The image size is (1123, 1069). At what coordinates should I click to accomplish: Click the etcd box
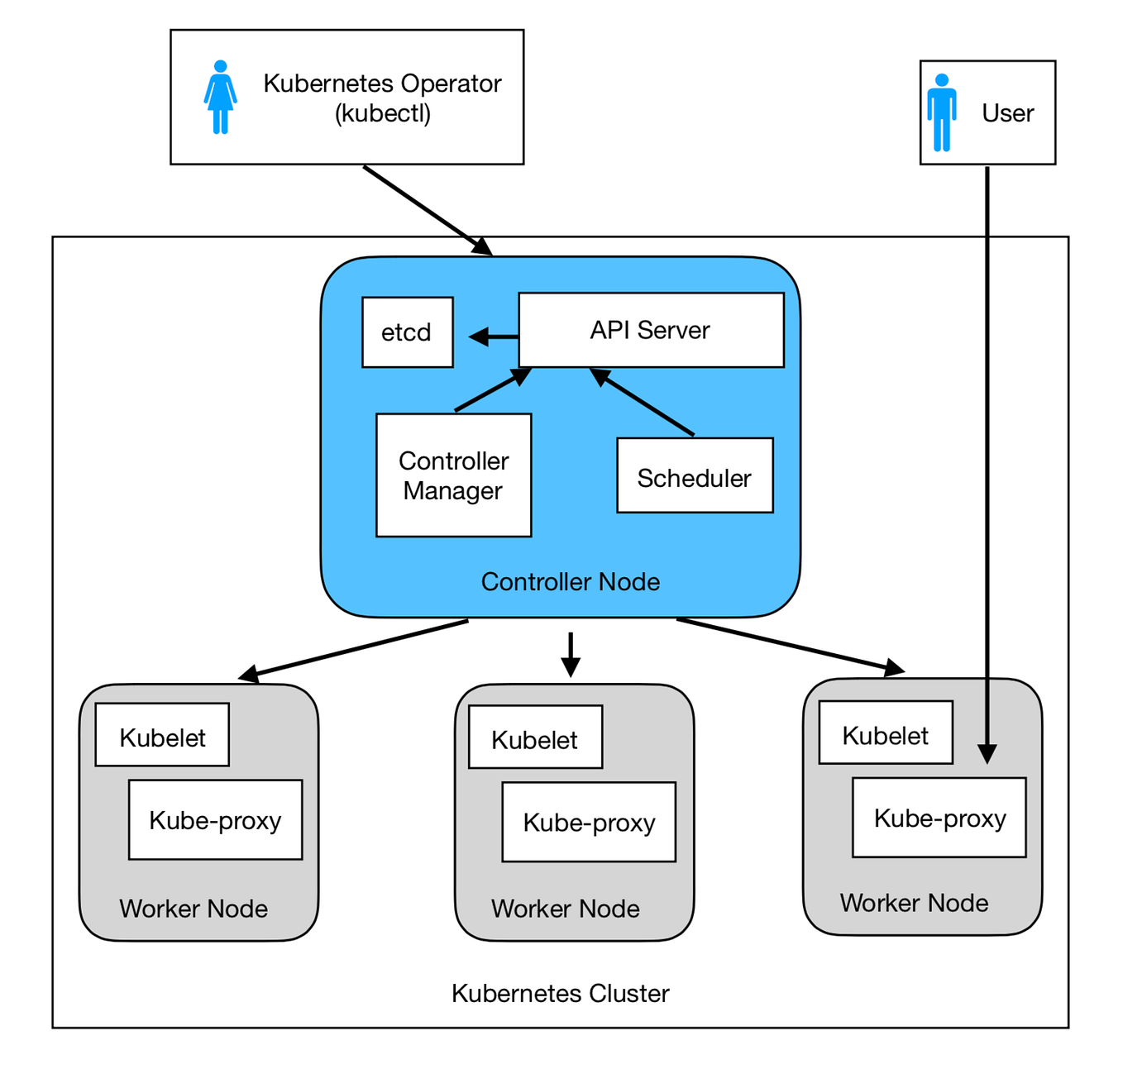pyautogui.click(x=407, y=332)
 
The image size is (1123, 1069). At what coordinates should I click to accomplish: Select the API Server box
pyautogui.click(x=650, y=330)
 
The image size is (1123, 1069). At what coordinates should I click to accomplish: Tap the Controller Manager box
pyautogui.click(x=453, y=475)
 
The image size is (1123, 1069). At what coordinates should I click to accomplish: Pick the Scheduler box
pyautogui.click(x=695, y=476)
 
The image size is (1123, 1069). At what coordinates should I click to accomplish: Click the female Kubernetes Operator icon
pyautogui.click(x=220, y=97)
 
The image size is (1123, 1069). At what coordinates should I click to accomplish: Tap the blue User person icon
pyautogui.click(x=941, y=112)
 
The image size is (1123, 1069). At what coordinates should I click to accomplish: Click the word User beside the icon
pyautogui.click(x=1007, y=113)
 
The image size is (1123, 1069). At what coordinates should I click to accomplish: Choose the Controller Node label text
pyautogui.click(x=570, y=582)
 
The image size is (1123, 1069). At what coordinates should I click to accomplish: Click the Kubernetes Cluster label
pyautogui.click(x=560, y=993)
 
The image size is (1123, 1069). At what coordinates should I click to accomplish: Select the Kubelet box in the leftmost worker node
pyautogui.click(x=162, y=735)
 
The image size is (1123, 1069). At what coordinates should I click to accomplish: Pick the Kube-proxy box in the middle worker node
pyautogui.click(x=589, y=823)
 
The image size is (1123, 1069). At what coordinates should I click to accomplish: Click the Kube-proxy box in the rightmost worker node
pyautogui.click(x=939, y=818)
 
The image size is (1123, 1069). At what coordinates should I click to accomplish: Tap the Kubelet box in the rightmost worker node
pyautogui.click(x=885, y=733)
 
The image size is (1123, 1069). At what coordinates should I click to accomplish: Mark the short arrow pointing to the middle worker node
pyautogui.click(x=570, y=654)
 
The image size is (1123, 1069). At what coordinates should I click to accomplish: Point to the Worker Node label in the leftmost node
pyautogui.click(x=193, y=909)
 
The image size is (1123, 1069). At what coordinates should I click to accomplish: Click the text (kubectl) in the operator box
pyautogui.click(x=382, y=113)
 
